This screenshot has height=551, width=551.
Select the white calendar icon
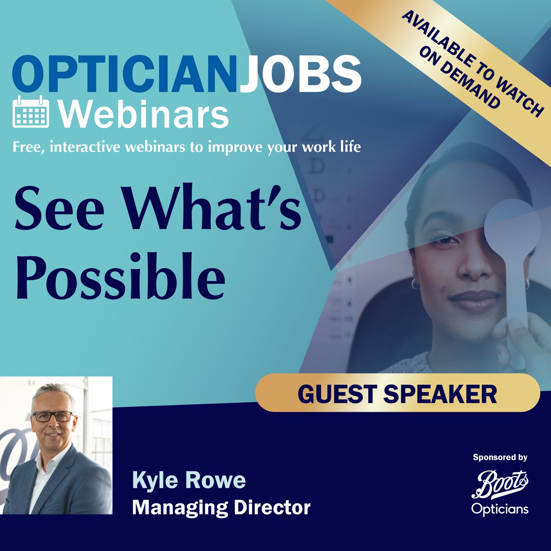coord(31,112)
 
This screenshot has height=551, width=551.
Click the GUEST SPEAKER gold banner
coord(398,393)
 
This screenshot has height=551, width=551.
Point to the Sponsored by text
coord(500,457)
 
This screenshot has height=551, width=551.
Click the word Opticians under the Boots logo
coord(500,509)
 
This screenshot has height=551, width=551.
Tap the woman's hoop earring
coord(415,283)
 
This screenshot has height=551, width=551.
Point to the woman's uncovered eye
coord(444,238)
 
